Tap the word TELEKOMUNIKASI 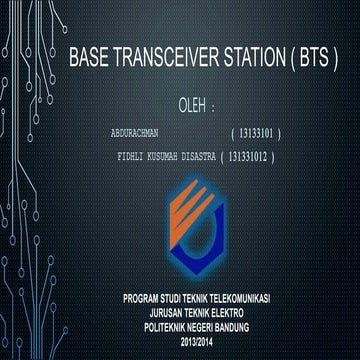coord(244,299)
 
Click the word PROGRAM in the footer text coord(143,299)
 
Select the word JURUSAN coord(152,310)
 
